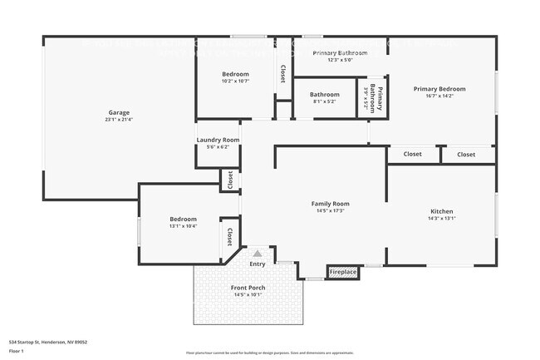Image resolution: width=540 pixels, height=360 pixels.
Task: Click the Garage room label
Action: [x=118, y=112]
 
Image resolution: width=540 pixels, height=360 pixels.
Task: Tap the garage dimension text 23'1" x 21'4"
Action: [x=118, y=120]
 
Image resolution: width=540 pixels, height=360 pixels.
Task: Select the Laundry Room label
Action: [x=218, y=140]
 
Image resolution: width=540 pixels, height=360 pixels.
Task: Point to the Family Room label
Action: [x=330, y=204]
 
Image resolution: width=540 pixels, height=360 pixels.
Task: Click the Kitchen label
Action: [x=441, y=211]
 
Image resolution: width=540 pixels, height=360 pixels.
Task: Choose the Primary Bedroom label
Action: [x=439, y=89]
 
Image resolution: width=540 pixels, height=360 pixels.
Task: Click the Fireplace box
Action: [x=342, y=272]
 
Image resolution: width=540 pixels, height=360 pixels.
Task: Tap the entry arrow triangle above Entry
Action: [x=258, y=253]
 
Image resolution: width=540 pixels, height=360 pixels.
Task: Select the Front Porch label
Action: [x=248, y=288]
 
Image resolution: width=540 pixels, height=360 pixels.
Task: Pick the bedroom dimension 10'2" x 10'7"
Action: [x=235, y=81]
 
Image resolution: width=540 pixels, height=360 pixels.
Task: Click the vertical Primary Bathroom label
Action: [x=380, y=99]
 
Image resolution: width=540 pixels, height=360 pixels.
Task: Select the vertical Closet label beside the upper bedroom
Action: [x=282, y=74]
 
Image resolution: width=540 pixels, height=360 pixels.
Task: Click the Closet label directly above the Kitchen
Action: [x=412, y=154]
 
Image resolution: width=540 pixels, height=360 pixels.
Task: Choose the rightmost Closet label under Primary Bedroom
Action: [x=466, y=154]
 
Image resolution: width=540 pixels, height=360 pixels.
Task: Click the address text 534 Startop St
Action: [x=48, y=342]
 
